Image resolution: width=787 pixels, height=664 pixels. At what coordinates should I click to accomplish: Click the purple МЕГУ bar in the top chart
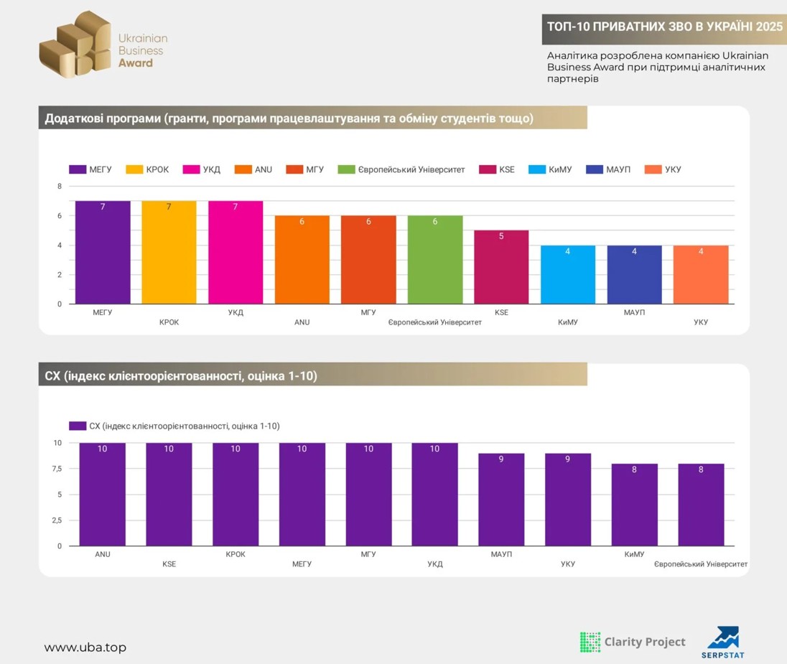103,253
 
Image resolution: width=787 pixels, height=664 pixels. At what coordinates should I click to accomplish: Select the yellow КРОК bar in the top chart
169,253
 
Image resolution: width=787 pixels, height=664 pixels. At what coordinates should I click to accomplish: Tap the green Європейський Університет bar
435,260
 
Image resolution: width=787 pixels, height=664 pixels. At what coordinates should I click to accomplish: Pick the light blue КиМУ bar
568,275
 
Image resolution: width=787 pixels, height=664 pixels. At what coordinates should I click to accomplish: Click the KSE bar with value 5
501,267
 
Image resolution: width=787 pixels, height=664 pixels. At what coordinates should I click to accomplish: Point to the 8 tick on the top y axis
60,187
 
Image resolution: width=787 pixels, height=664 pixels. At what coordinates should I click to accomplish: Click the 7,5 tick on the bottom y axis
57,469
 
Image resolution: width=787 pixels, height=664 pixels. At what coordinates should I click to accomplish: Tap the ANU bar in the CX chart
103,495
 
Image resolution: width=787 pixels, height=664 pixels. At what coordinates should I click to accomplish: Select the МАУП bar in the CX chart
501,500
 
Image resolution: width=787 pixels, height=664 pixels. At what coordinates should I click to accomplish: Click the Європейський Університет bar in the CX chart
701,505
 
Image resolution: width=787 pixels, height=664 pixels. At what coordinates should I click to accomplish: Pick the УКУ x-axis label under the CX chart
568,564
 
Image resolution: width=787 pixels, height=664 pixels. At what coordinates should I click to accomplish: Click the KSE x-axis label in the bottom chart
169,564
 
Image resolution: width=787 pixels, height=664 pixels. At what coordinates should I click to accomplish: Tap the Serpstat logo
722,642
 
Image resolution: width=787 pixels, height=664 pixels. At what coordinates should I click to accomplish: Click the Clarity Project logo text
645,642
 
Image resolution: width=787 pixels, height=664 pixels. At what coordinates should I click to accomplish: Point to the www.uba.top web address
85,647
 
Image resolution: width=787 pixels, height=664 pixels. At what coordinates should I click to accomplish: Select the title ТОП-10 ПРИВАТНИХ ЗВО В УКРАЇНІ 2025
664,27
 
